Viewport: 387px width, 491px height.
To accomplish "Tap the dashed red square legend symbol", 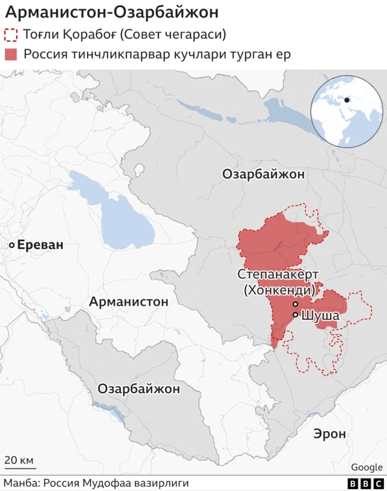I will (11, 34).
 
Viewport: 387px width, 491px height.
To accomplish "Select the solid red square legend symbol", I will (11, 54).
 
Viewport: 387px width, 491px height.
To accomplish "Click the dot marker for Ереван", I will (11, 245).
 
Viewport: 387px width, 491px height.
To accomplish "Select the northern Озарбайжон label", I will (264, 175).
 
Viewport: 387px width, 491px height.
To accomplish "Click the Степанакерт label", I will (278, 275).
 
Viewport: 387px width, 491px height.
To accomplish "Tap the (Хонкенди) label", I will (278, 290).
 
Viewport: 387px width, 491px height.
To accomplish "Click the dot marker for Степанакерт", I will (295, 304).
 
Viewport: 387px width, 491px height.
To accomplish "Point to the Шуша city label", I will (320, 315).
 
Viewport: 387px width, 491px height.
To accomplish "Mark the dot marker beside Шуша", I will (295, 315).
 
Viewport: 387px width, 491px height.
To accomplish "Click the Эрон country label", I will (330, 434).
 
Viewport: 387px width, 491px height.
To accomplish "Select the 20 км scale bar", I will (20, 466).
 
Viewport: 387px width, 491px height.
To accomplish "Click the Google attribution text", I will (366, 467).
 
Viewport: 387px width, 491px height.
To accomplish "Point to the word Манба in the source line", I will (20, 484).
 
